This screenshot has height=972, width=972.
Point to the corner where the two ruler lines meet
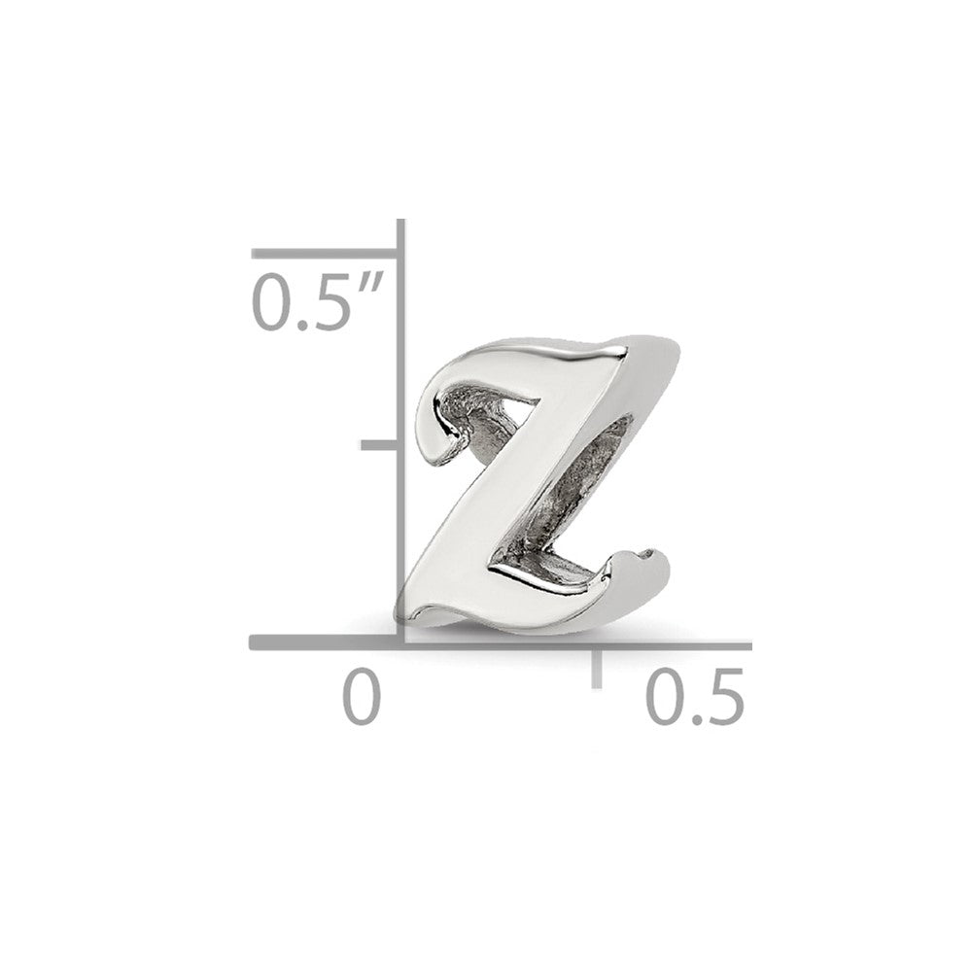point(400,642)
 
